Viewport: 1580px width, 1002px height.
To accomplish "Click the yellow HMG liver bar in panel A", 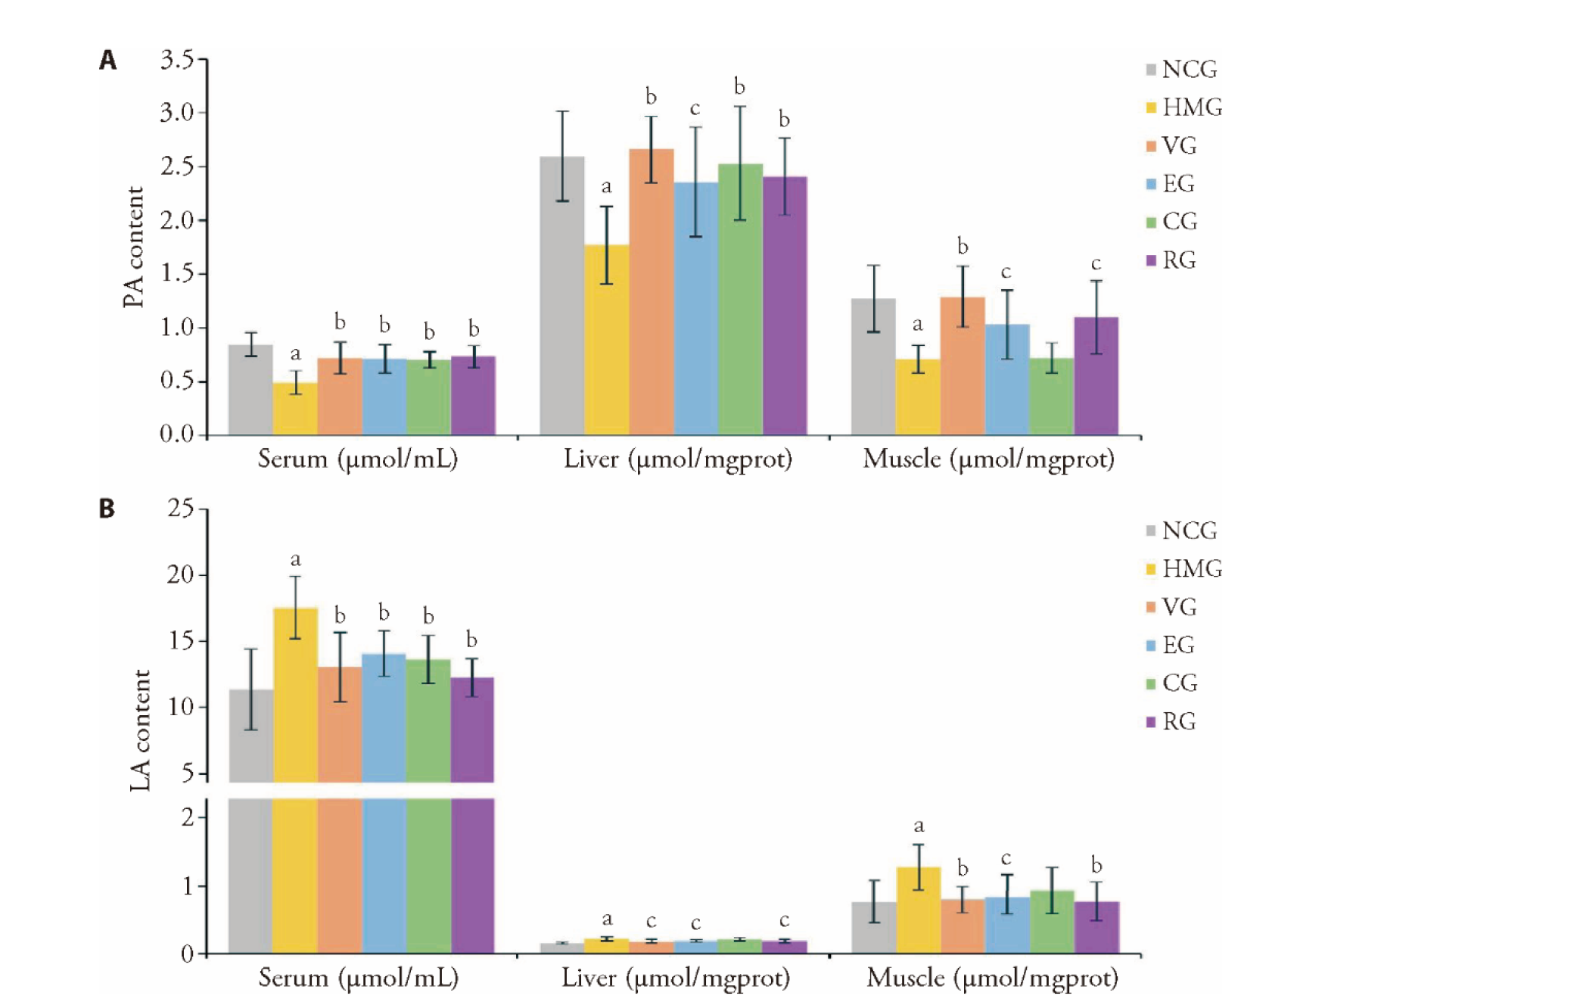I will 607,341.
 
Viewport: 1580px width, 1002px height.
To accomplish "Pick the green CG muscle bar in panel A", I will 1052,397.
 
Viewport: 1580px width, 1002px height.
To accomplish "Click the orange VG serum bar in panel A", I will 341,397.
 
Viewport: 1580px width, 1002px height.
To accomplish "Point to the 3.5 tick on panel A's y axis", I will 177,59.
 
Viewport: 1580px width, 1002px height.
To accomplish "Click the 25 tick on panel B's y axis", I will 181,508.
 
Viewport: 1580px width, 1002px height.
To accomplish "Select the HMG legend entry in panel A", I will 1184,107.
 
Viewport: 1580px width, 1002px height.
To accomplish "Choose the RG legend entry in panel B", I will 1171,722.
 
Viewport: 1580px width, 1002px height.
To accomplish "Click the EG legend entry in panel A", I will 1171,184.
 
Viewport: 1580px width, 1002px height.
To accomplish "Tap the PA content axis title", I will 134,247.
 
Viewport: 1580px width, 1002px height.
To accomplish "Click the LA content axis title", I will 141,730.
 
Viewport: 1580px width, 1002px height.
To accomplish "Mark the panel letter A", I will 108,60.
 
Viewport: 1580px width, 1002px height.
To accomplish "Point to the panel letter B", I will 107,509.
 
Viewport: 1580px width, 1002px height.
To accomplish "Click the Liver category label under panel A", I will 677,459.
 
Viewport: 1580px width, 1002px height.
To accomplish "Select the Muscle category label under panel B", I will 992,979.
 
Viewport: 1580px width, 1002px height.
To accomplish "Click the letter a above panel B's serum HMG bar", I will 296,559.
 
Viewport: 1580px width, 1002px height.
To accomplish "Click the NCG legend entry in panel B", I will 1181,531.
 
